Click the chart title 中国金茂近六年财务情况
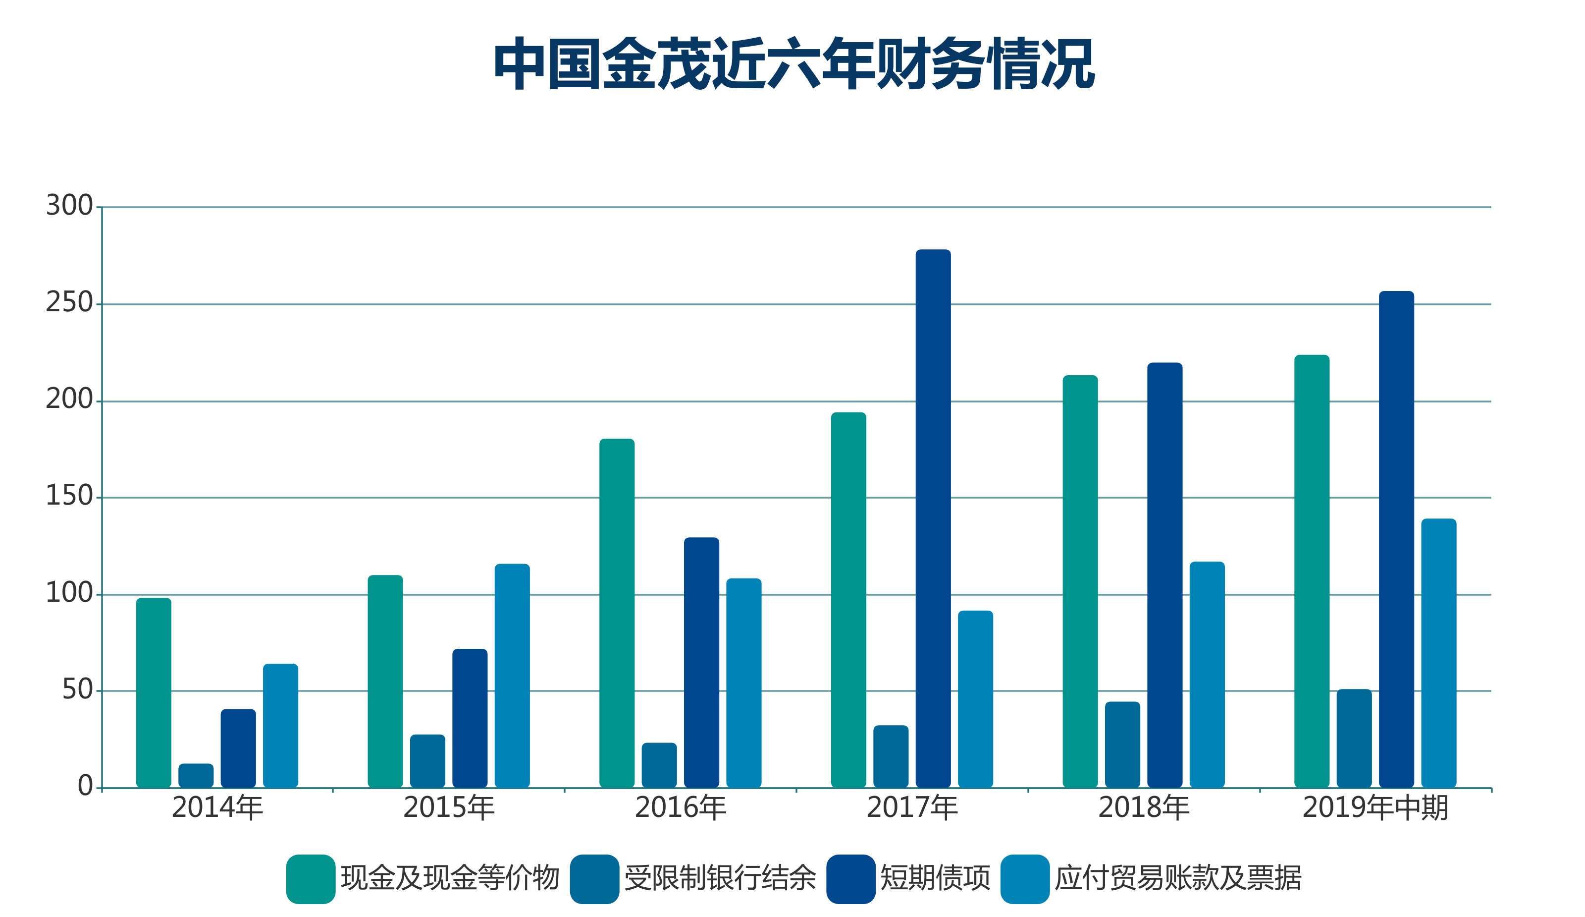pos(794,63)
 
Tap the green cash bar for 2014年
pos(154,692)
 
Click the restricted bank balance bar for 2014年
pos(196,775)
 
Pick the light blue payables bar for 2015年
pos(512,675)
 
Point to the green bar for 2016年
pos(616,613)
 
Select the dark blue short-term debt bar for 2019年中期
pos(1396,539)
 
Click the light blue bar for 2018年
pos(1207,674)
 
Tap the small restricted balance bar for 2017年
pos(891,756)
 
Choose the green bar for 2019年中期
pos(1312,571)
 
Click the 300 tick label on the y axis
pos(69,205)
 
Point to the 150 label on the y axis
pos(69,496)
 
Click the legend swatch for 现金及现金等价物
pos(311,879)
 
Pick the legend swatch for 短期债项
pos(850,879)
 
